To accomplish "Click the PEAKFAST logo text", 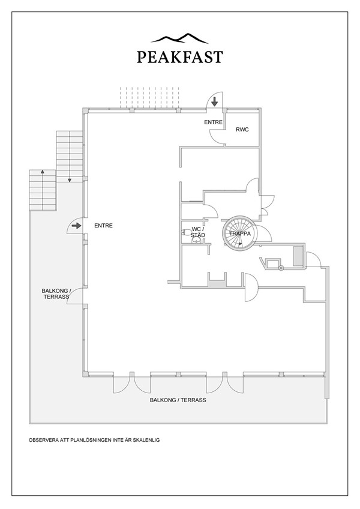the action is click(180, 57).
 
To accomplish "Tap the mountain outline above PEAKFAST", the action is click(179, 38).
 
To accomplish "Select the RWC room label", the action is click(242, 130).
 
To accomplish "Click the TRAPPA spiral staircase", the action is click(239, 232).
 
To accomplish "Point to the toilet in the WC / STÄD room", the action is click(186, 232).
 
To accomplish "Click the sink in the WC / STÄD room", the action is click(196, 240).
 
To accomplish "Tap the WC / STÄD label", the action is click(198, 232).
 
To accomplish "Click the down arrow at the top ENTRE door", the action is click(215, 101).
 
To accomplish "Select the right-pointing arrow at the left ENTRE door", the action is click(76, 226).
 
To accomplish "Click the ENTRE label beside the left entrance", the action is click(104, 226).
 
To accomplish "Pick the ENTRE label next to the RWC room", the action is click(213, 122).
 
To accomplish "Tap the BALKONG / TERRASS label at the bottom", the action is click(178, 400).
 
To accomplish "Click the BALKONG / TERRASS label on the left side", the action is click(56, 294).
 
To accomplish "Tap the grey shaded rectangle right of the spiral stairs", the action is click(298, 256).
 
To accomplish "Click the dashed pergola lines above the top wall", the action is click(149, 97).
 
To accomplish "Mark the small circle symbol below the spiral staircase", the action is click(281, 268).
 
